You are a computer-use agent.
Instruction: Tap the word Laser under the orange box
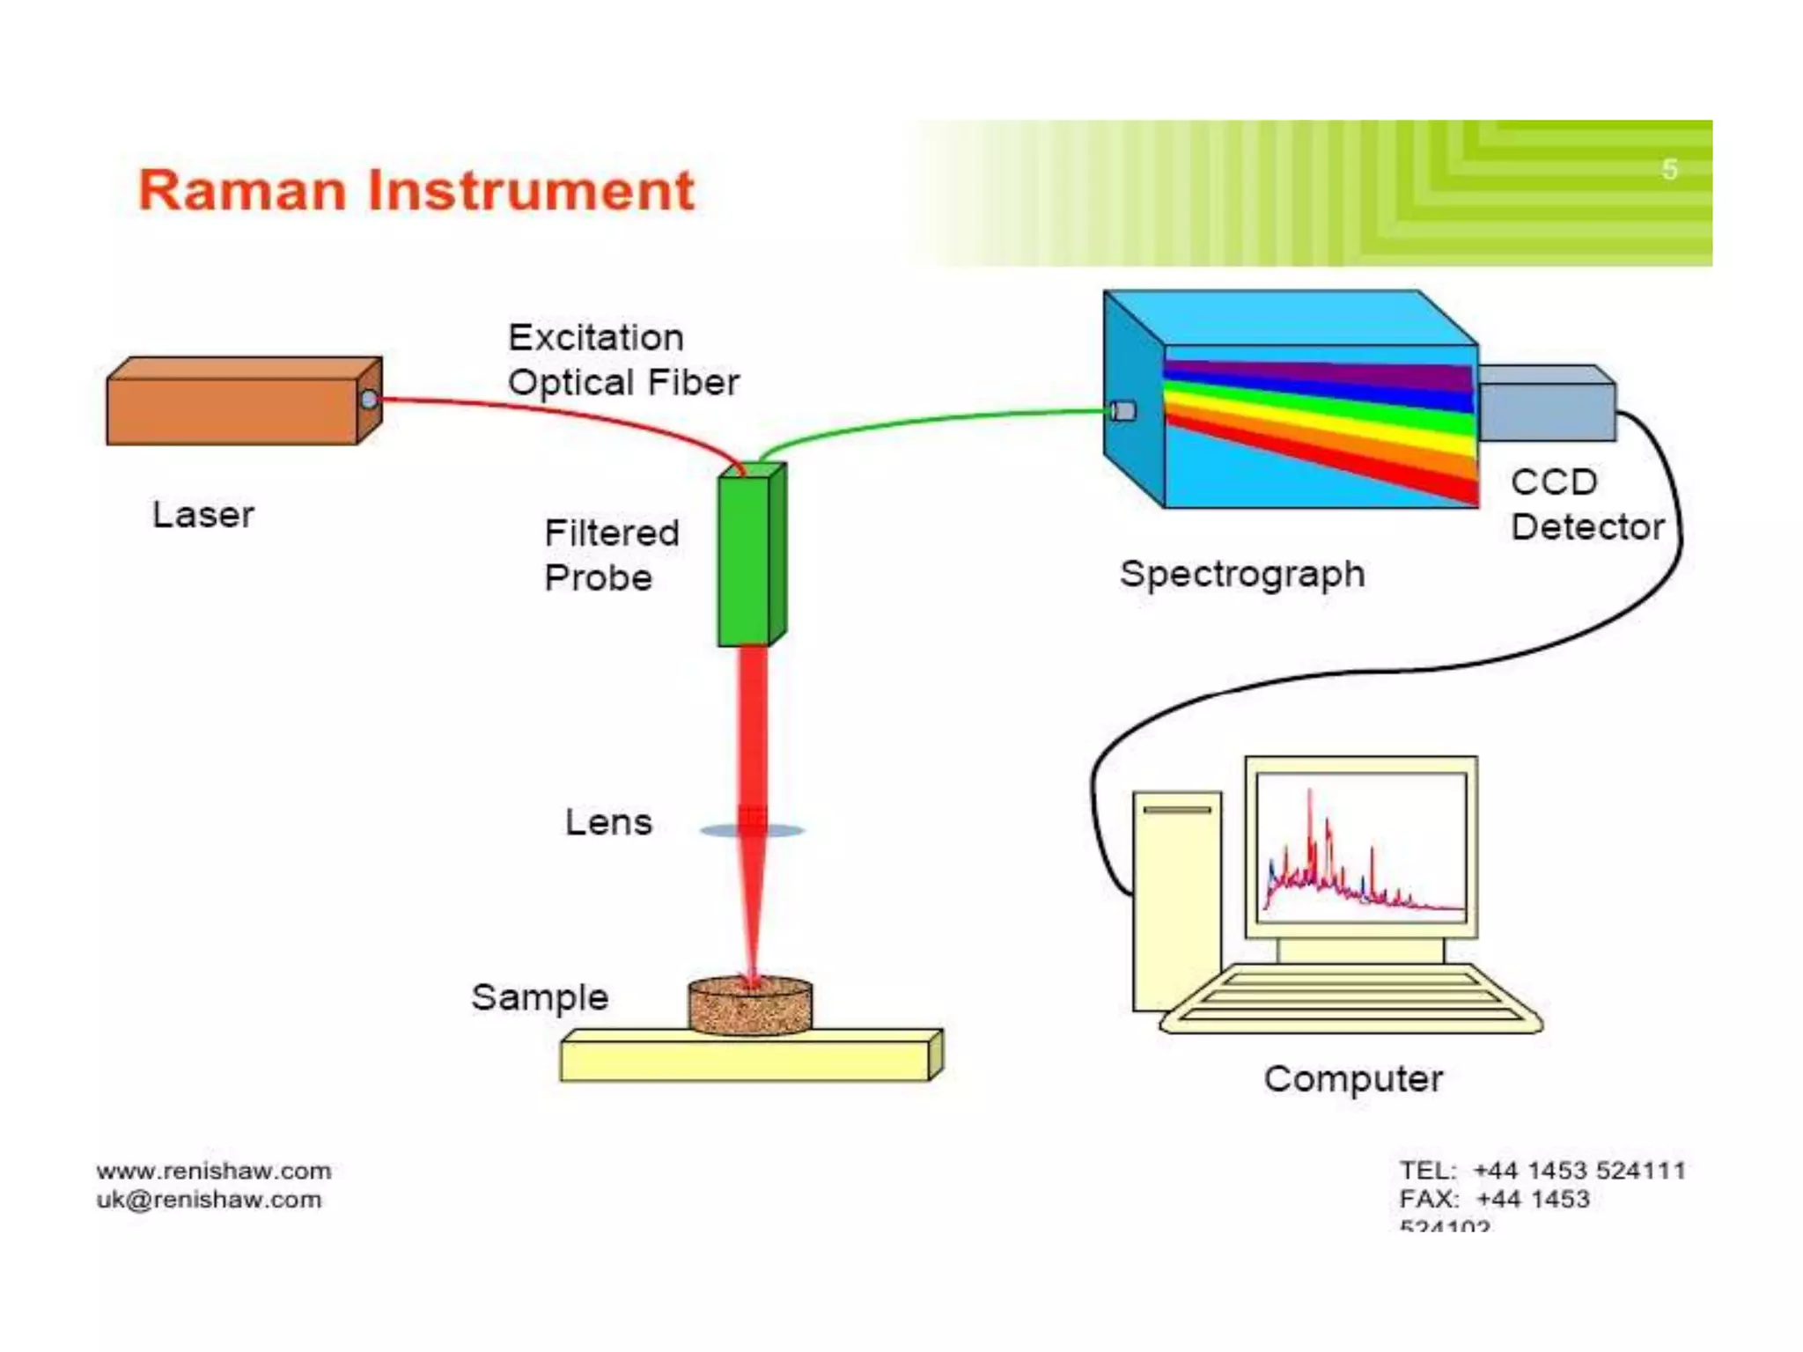point(203,515)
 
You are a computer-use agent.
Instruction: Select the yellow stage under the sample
point(744,1060)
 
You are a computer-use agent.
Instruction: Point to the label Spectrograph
point(1242,575)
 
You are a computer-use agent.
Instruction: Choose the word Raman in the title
point(242,191)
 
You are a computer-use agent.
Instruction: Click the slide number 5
point(1669,169)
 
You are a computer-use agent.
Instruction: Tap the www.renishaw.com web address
point(214,1171)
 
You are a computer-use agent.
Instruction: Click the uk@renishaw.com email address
point(210,1200)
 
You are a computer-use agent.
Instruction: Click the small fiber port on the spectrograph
point(1123,411)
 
